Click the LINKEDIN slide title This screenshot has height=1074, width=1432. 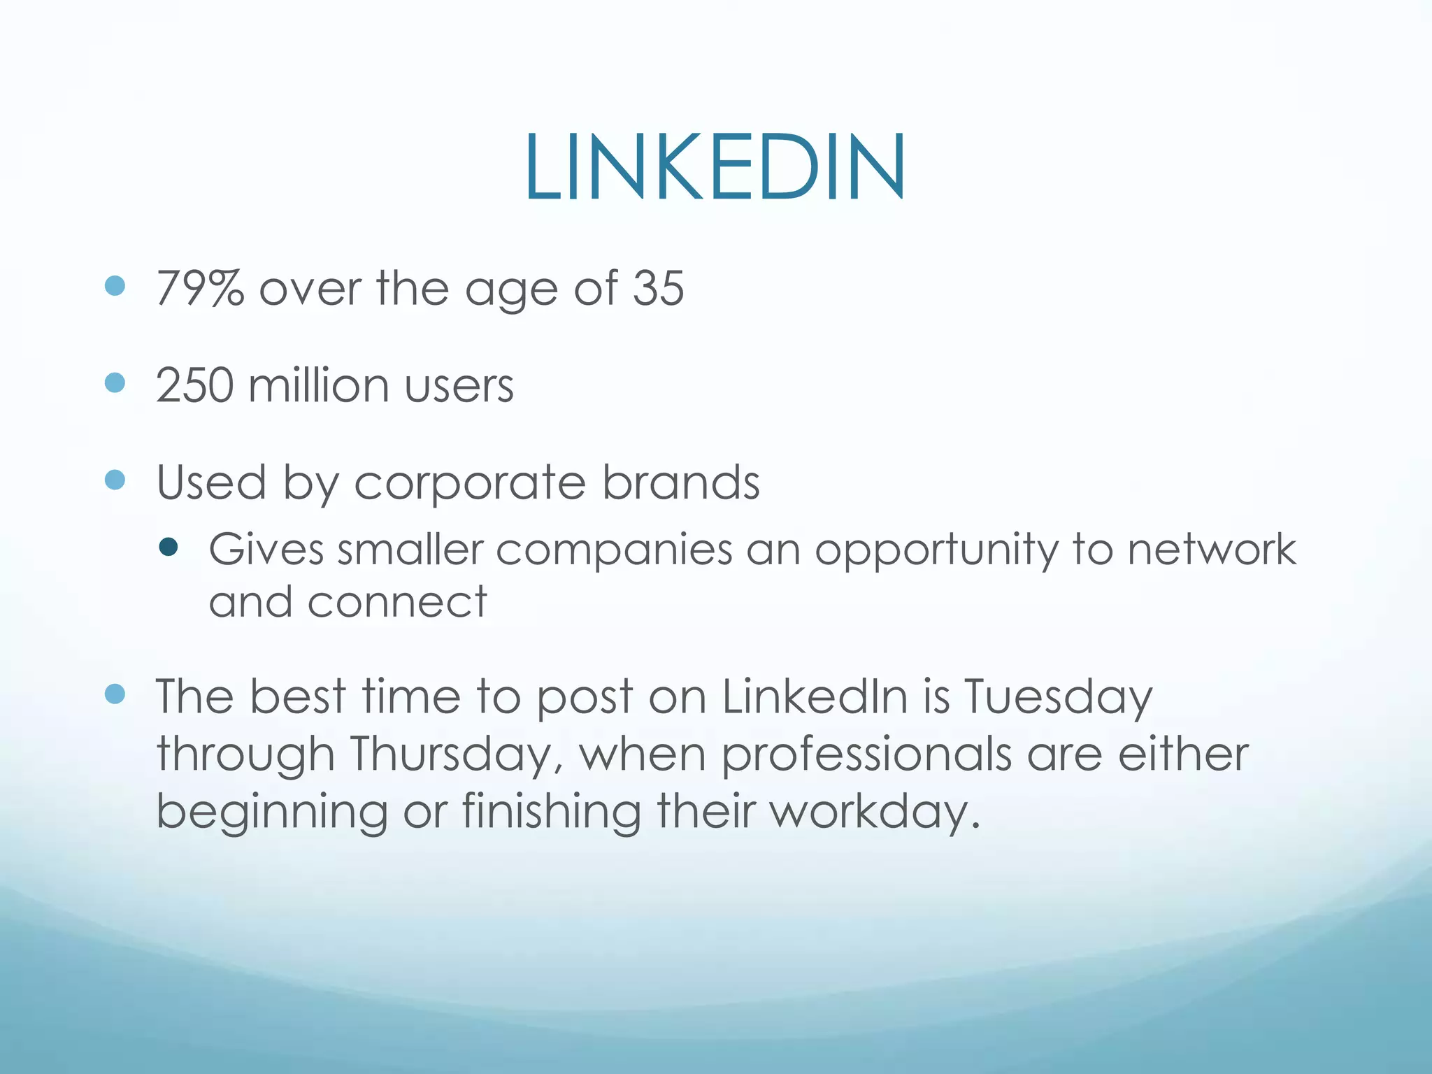(x=715, y=168)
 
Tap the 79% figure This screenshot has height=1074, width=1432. (x=200, y=288)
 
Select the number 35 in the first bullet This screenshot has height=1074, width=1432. (x=658, y=288)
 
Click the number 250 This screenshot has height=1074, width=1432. (x=194, y=385)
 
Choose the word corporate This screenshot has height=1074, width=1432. (x=470, y=484)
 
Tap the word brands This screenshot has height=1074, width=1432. (x=681, y=482)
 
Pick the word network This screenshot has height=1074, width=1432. (x=1212, y=549)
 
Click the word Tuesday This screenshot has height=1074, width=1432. (x=1058, y=698)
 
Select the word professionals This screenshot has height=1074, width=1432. (x=866, y=756)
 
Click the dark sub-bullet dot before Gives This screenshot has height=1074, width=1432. (x=169, y=547)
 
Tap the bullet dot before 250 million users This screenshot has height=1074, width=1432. (x=115, y=382)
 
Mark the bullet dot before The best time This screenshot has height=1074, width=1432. (x=115, y=694)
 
